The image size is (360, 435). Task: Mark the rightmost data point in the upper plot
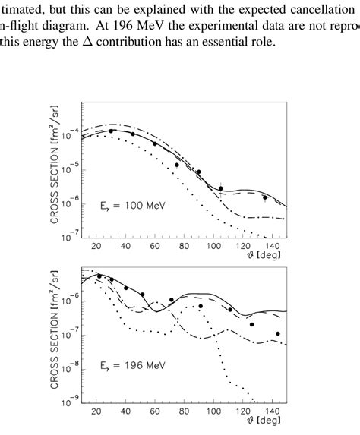265,197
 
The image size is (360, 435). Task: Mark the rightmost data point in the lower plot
278,334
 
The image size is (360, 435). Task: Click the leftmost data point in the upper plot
112,131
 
